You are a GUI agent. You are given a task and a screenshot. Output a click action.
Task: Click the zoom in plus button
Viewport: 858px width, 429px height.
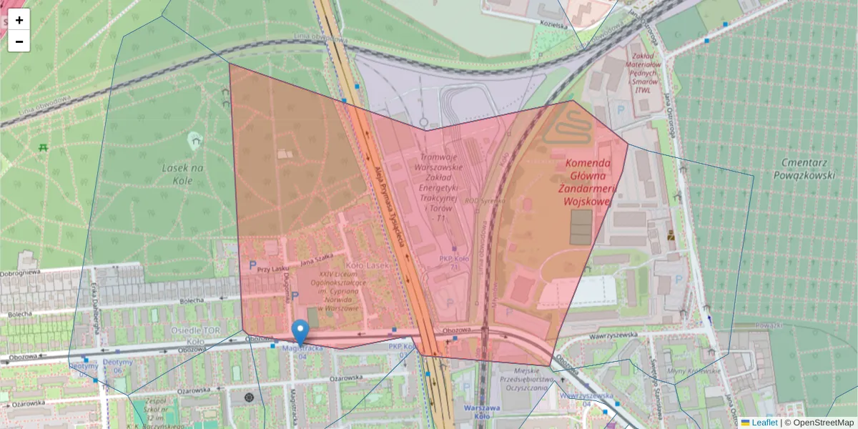(19, 20)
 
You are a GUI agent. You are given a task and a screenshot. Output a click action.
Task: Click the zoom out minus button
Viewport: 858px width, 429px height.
(19, 41)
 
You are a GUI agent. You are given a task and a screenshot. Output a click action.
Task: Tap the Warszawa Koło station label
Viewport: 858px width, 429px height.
(486, 411)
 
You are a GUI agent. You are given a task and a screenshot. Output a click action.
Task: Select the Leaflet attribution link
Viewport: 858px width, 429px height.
(764, 423)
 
